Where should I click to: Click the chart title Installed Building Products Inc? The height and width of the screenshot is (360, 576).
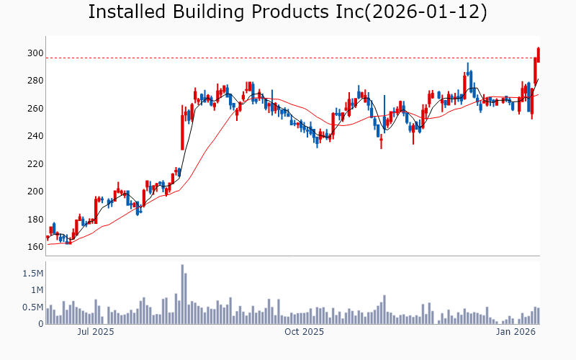(x=287, y=12)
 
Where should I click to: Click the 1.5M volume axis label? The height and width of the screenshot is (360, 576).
(x=32, y=274)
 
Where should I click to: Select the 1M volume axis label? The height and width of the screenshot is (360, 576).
(x=36, y=290)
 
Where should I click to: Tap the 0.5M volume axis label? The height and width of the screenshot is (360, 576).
(x=32, y=307)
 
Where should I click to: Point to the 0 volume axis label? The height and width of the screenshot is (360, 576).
(x=40, y=324)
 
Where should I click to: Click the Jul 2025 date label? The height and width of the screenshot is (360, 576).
(x=96, y=332)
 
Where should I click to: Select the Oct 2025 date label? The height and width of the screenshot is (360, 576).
(x=304, y=332)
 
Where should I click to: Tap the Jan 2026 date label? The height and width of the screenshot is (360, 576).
(x=516, y=332)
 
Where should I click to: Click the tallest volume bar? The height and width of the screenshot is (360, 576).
(x=182, y=294)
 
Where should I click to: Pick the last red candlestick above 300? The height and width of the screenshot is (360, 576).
(x=539, y=54)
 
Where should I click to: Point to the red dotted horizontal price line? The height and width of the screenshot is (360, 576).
(x=288, y=58)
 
